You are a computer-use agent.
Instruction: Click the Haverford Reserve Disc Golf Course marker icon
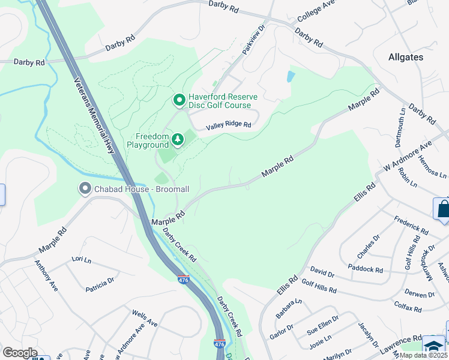coord(178,99)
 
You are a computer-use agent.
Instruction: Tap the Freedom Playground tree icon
coord(178,140)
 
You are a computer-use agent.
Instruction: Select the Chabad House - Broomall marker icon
coord(84,189)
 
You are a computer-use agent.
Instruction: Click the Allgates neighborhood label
coord(405,58)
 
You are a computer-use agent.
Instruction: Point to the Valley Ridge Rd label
coord(228,125)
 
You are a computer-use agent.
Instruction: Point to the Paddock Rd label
coord(365,268)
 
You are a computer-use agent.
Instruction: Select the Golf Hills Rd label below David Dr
coord(319,286)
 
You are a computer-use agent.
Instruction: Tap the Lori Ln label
coord(80,259)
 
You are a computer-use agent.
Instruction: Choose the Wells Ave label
coord(144,319)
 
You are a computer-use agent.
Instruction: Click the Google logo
coord(19,353)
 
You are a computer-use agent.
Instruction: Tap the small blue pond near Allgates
coord(291,76)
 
